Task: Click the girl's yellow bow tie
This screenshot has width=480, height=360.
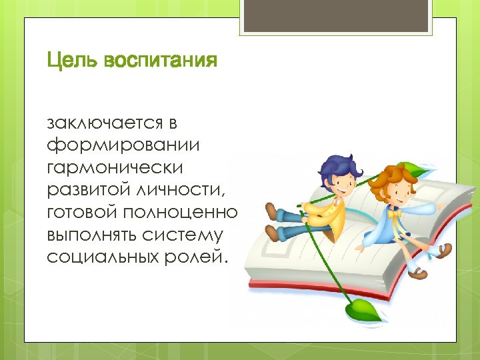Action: (x=398, y=215)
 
